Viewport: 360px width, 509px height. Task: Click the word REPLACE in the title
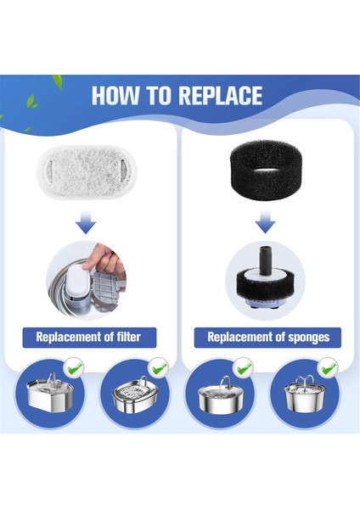click(221, 96)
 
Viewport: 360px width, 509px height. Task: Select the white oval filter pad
click(87, 172)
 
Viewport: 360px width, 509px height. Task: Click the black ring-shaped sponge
click(266, 170)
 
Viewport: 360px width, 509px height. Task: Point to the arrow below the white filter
click(86, 222)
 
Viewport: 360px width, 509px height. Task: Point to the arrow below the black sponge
click(265, 221)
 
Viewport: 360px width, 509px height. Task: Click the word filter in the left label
click(128, 337)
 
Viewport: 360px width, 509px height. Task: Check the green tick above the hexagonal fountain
click(75, 368)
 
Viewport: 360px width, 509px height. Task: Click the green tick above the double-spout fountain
click(329, 368)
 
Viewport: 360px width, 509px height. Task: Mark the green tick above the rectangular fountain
click(159, 367)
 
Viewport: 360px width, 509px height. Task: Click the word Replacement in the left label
click(69, 338)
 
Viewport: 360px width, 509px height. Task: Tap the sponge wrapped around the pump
click(265, 283)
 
